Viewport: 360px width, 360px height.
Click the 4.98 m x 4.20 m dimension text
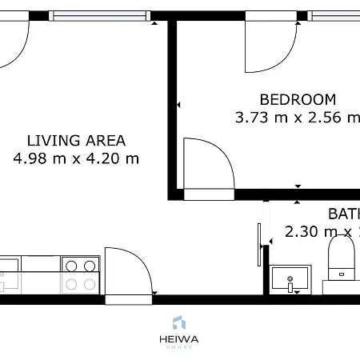(x=76, y=158)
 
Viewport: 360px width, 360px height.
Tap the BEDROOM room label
(x=298, y=100)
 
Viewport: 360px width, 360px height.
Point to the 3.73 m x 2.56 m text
(x=298, y=118)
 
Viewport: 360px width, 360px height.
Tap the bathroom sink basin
(x=290, y=279)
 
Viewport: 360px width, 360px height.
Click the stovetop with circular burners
(x=80, y=274)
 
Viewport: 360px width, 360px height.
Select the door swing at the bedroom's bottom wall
(x=208, y=168)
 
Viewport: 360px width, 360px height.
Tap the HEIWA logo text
(x=180, y=339)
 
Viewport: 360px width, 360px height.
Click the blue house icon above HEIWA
(x=179, y=323)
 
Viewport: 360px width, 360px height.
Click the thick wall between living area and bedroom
(x=172, y=104)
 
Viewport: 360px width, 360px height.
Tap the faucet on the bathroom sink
(x=290, y=282)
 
